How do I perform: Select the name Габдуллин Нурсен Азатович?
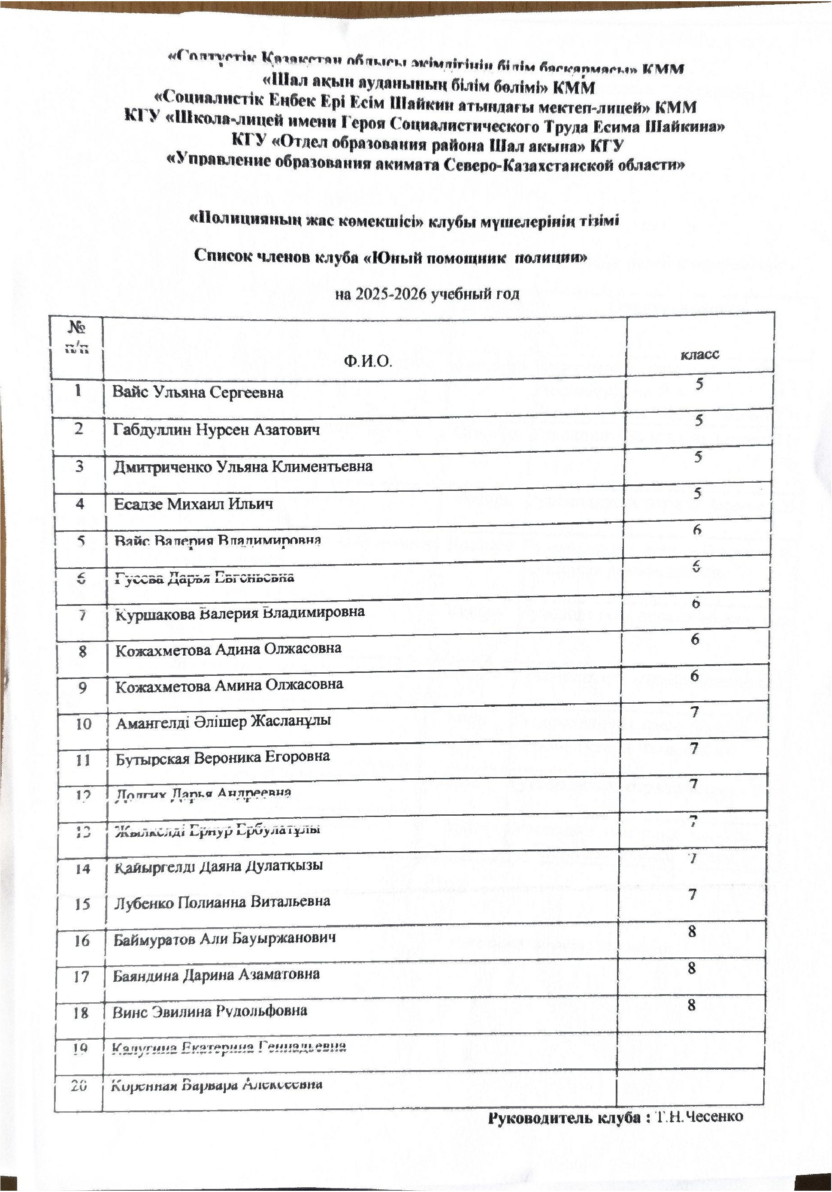click(216, 430)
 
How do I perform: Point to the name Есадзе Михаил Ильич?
click(194, 504)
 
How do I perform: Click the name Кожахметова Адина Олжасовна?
click(228, 649)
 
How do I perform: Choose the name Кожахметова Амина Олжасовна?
click(229, 685)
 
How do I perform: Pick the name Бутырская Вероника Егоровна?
click(223, 757)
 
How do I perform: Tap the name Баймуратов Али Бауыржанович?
click(225, 938)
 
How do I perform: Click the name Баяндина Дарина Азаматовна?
click(216, 974)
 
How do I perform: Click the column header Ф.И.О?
click(367, 361)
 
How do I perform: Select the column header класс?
click(700, 354)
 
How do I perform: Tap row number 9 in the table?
click(82, 688)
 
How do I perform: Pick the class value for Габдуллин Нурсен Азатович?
click(699, 420)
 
